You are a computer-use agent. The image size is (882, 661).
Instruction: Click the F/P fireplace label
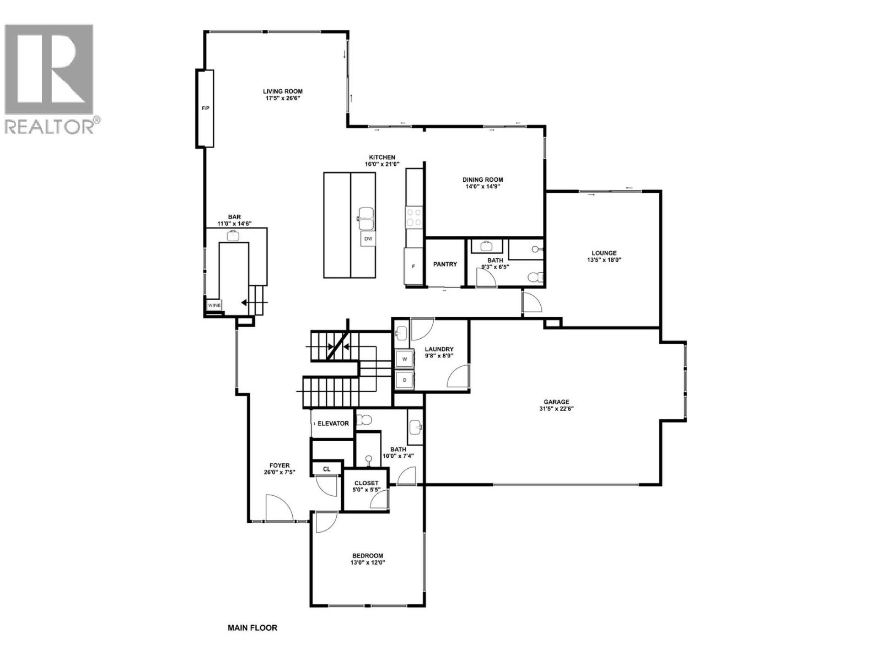point(205,109)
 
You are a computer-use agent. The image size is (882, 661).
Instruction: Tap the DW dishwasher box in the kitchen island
point(368,239)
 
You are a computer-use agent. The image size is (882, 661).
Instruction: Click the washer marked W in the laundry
point(405,359)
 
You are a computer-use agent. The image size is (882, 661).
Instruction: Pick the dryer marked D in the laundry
point(405,380)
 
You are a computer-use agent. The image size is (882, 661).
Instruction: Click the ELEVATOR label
point(332,424)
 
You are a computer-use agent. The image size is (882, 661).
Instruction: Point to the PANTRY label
point(445,264)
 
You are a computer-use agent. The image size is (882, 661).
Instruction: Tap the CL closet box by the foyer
point(326,469)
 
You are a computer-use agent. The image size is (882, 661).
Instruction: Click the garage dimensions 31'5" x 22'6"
point(556,409)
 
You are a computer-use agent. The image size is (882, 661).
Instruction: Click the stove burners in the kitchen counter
point(414,217)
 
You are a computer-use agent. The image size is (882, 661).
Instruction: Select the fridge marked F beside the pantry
point(413,266)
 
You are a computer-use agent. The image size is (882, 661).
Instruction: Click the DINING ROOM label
point(482,180)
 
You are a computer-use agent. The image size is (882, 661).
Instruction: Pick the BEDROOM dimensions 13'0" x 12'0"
point(368,563)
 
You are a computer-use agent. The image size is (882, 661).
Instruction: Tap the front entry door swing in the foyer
point(279,508)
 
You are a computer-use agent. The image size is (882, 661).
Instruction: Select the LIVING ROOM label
point(282,91)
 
